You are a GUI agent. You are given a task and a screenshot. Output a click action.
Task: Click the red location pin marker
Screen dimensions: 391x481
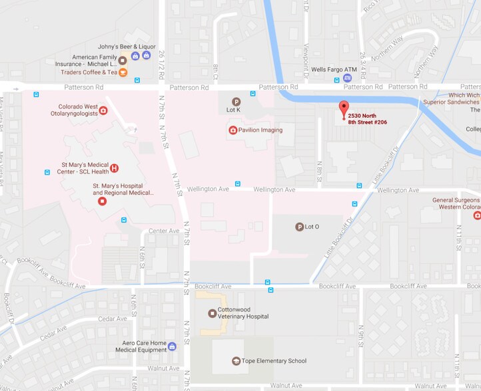click(344, 108)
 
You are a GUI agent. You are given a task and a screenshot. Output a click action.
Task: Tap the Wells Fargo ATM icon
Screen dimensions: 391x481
click(348, 78)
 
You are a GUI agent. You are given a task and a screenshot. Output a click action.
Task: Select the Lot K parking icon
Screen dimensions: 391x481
click(235, 101)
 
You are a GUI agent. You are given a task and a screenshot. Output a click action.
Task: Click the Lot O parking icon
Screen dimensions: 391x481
click(299, 227)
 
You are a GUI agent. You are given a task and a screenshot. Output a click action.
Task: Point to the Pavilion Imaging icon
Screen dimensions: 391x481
click(233, 130)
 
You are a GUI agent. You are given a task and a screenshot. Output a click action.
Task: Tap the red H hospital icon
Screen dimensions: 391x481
click(114, 168)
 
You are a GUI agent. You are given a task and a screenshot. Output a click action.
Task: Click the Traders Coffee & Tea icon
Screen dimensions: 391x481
click(123, 72)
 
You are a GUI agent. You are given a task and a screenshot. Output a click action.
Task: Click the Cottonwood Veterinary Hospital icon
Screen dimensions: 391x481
click(212, 313)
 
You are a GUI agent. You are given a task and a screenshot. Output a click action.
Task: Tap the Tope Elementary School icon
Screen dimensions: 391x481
click(235, 360)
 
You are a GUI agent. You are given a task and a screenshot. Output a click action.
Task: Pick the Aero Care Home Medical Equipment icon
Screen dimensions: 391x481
click(172, 346)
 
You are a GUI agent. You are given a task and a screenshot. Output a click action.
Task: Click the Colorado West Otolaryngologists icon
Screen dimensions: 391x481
click(103, 110)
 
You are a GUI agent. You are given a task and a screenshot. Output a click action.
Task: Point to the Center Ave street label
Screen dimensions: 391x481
click(164, 231)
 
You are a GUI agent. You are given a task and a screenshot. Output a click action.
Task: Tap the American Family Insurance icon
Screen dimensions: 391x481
click(123, 61)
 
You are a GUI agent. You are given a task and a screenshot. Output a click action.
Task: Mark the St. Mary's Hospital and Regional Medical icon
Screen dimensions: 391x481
click(101, 201)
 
